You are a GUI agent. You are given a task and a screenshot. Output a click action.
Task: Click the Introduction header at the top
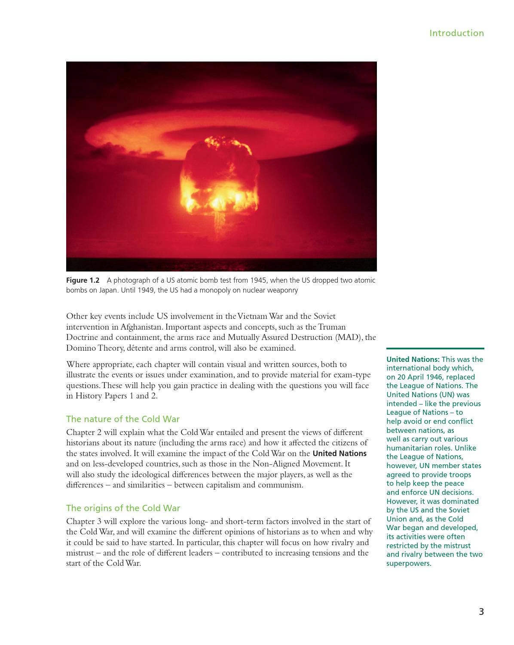456,33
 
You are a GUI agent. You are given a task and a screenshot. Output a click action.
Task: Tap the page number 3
481,611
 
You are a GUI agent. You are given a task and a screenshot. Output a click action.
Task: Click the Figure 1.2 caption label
83,280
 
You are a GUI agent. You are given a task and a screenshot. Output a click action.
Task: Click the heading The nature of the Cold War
122,419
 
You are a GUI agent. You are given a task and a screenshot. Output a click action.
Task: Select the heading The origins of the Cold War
123,508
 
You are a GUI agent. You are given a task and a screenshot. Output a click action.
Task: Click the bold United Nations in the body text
340,454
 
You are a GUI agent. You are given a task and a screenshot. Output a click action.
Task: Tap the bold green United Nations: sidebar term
413,359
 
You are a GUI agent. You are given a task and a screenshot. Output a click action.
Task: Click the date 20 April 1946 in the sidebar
419,377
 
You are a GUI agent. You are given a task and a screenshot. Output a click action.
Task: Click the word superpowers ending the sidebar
408,563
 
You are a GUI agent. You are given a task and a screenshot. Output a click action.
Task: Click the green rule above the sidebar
435,348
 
